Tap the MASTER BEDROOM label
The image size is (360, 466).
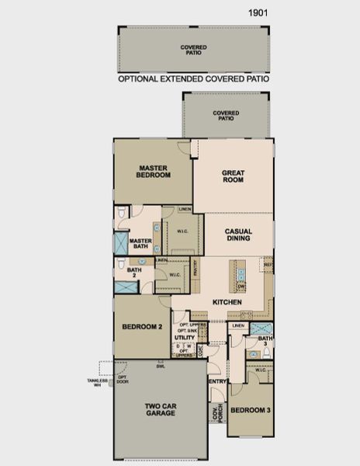[154, 171]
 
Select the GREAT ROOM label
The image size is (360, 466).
[233, 176]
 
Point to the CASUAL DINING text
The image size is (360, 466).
[237, 235]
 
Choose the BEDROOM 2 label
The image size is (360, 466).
[142, 328]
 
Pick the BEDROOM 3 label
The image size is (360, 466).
[250, 410]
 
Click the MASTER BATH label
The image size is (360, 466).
[140, 244]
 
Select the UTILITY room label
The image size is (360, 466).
[184, 338]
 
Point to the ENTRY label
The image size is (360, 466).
[217, 381]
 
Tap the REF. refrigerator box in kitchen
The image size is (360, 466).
[268, 266]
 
